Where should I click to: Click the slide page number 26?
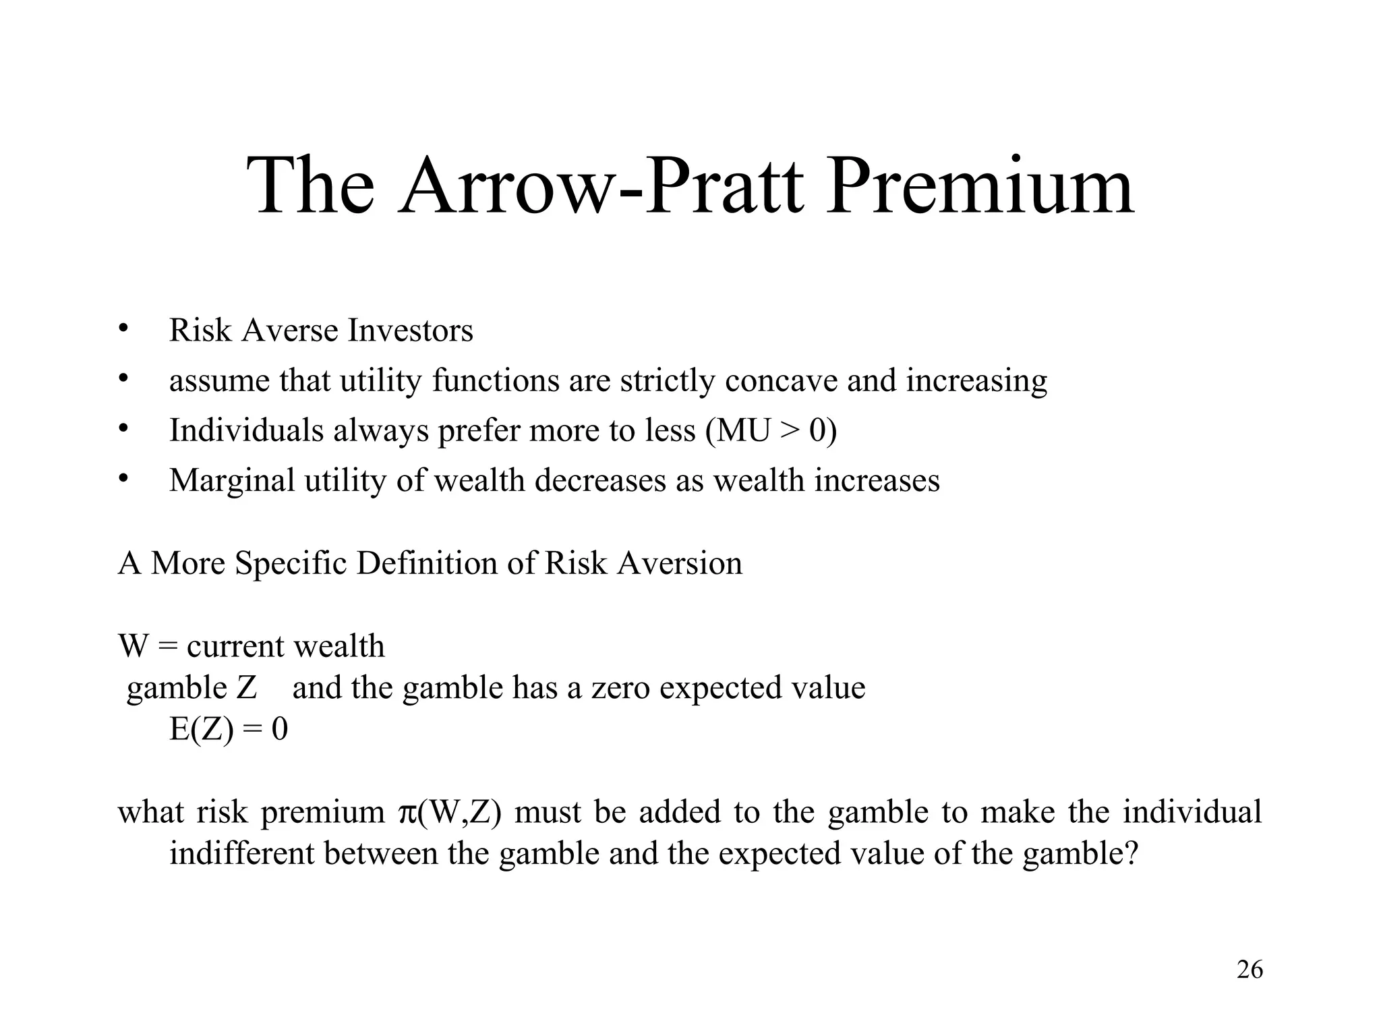pyautogui.click(x=1250, y=970)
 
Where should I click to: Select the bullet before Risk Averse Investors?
pyautogui.click(x=123, y=328)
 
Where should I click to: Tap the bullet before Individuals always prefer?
pyautogui.click(x=123, y=428)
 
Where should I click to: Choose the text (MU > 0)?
pyautogui.click(x=771, y=430)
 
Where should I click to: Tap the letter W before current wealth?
pyautogui.click(x=133, y=646)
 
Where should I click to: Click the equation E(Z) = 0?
pyautogui.click(x=229, y=729)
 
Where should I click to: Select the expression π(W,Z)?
pyautogui.click(x=450, y=812)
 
